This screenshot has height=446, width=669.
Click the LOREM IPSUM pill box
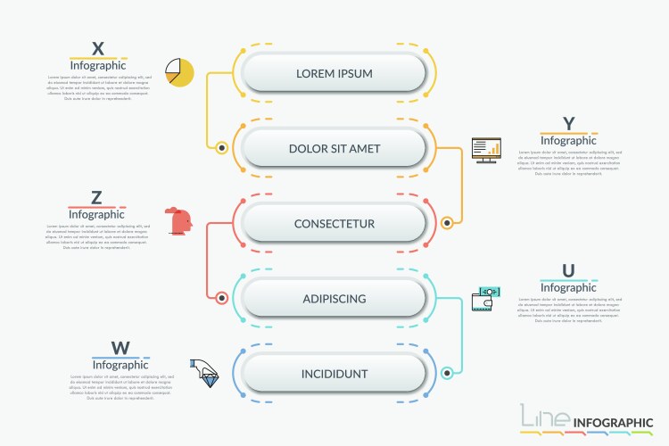click(334, 73)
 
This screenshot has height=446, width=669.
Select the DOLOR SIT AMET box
click(334, 148)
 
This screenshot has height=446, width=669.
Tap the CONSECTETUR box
click(334, 223)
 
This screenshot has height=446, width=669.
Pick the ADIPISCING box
click(334, 298)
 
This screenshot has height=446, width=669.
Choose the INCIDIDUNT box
click(334, 373)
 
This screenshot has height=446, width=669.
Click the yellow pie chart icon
click(179, 72)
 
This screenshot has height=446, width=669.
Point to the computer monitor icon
click(486, 150)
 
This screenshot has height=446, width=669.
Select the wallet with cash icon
click(486, 299)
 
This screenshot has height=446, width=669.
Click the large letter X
click(98, 48)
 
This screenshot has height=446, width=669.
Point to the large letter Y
click(568, 123)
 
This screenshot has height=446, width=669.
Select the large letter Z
click(97, 198)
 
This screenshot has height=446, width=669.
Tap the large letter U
click(568, 271)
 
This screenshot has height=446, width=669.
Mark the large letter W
click(120, 348)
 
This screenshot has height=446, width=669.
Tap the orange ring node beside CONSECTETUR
click(447, 223)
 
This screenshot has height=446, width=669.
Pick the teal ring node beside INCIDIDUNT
click(447, 373)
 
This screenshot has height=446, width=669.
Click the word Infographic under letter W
click(120, 365)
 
